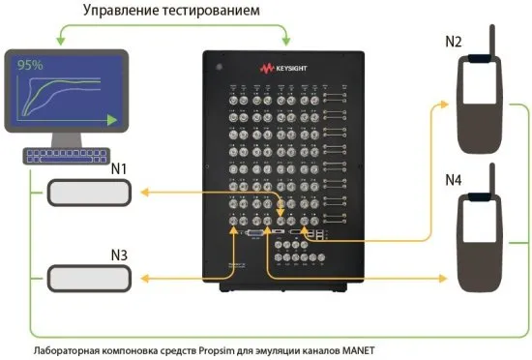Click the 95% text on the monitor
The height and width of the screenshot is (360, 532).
click(x=27, y=66)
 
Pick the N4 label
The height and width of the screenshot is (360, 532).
click(x=454, y=181)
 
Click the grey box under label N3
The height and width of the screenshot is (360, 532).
click(x=89, y=277)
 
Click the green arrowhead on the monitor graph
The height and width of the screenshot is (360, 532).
click(x=113, y=120)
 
